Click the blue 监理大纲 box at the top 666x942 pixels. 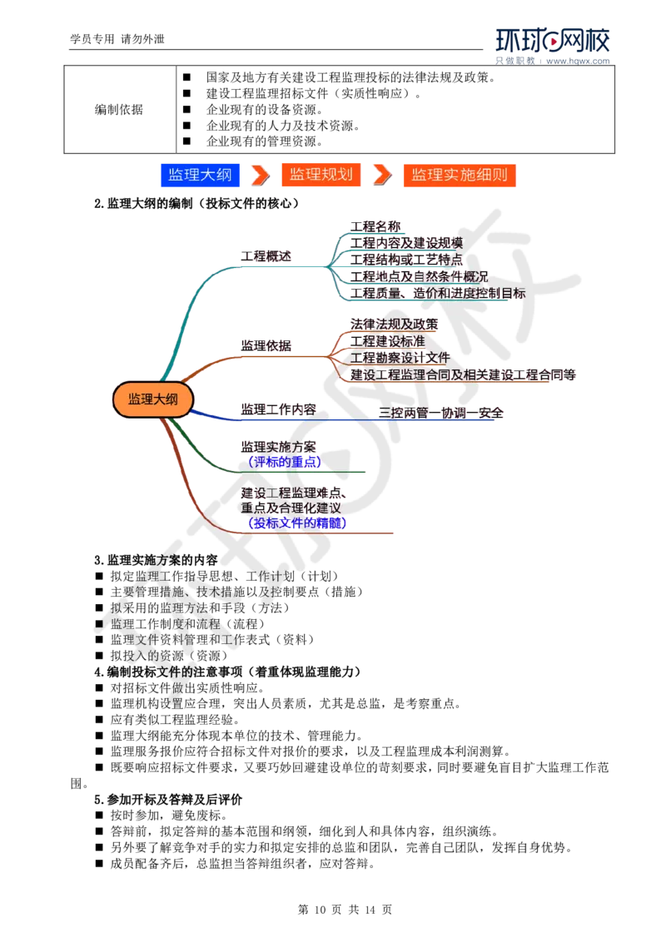pos(200,175)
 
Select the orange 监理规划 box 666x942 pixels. pos(321,175)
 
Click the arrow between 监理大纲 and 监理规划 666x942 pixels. pos(261,175)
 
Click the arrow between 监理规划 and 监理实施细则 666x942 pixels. pos(381,175)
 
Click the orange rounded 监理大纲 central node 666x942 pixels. pos(153,399)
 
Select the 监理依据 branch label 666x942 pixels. pos(266,345)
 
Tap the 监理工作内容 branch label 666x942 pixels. pos(278,409)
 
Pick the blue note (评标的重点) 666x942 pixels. pos(284,461)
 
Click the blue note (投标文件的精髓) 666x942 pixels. pos(296,523)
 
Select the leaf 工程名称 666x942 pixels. pos(375,226)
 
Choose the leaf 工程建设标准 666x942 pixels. pos(387,340)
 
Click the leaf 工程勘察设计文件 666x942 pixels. pos(400,357)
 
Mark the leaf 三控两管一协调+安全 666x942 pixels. pos(441,412)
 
